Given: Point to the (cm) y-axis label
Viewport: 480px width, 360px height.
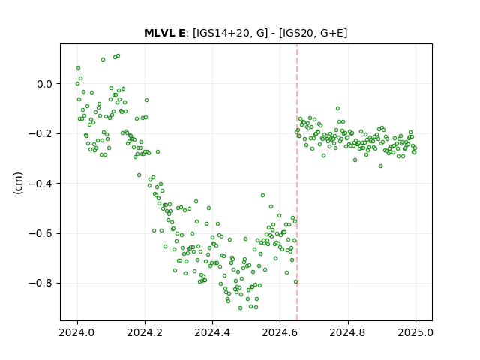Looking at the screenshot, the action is coord(18,183).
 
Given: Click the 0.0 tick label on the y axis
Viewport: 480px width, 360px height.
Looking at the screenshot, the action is coord(45,84).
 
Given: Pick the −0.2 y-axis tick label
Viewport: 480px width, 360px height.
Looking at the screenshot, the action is coord(40,133).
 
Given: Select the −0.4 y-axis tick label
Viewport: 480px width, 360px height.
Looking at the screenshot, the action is coord(40,184).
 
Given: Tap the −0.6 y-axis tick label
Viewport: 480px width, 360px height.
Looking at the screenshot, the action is coord(40,233).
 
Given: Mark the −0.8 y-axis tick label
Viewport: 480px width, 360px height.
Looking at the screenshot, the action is coord(40,283).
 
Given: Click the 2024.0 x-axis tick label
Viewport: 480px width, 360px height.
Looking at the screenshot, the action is coord(77,332).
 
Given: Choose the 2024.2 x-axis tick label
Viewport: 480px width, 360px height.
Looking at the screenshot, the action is coord(145,332).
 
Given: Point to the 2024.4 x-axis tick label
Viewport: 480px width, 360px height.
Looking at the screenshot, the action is coord(212,332).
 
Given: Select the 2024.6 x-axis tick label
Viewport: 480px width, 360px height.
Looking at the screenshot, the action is coord(280,332).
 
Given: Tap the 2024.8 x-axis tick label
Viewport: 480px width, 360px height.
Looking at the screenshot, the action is coord(348,332).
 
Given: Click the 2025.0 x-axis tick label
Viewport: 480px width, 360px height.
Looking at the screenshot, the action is coord(415,332).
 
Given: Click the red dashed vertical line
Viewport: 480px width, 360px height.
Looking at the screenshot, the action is coord(297,182).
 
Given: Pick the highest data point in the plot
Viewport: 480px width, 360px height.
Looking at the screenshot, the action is coord(118,56).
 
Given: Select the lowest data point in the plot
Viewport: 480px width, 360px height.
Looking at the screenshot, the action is coord(240,308).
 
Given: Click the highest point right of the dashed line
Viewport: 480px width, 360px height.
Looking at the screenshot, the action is coord(337,108).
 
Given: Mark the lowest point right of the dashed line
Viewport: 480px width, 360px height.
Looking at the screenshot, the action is coord(380,166).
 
